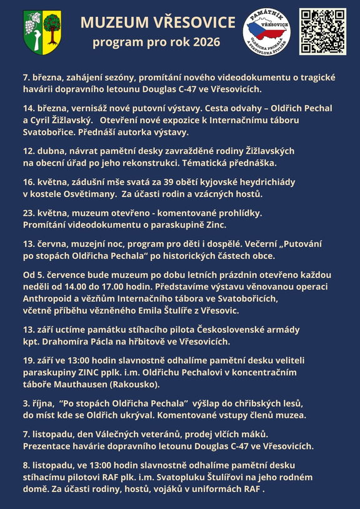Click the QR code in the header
point(322,31)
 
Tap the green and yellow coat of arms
point(42,31)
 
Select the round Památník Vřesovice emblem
point(267,31)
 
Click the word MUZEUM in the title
point(111,24)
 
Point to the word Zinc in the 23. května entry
point(214,224)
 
